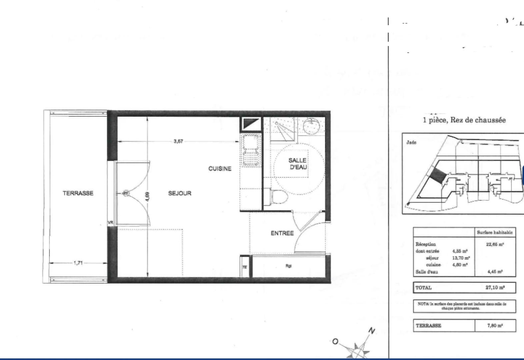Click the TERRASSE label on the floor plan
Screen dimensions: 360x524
pos(78,193)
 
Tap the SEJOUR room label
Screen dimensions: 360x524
pos(180,193)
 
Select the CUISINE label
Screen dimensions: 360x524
pos(220,169)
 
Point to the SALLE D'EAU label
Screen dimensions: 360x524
pos(297,164)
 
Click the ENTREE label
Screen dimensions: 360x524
pos(282,233)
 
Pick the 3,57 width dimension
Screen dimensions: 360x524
pos(178,141)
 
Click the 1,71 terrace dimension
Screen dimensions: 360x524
pos(78,263)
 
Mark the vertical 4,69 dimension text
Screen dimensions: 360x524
pos(147,197)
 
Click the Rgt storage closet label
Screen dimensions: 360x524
pos(289,266)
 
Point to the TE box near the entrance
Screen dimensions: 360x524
pos(245,267)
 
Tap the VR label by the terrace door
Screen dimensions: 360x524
pos(110,223)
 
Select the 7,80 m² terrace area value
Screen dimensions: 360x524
pos(495,325)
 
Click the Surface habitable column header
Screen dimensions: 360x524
pos(495,232)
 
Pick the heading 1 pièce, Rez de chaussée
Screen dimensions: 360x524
pos(464,120)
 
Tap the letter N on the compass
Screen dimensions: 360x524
pos(371,331)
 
